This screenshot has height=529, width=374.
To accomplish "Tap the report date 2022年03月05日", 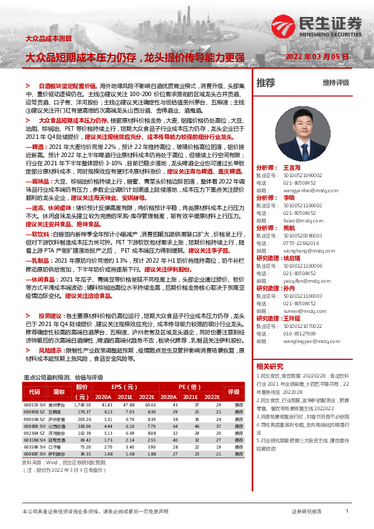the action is tap(317, 57).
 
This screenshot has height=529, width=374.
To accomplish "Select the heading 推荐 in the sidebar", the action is tap(266, 82).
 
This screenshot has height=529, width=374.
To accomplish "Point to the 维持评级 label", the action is tap(336, 83).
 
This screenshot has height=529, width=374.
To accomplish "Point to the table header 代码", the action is tap(35, 391).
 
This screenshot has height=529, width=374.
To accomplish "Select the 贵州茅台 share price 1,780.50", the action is tap(82, 405).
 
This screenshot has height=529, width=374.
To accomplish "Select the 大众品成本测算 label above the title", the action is tap(47, 39).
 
